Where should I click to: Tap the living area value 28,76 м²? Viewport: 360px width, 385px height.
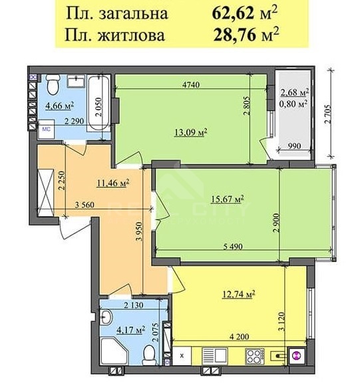coord(246,35)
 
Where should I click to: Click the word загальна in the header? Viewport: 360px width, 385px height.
coord(133,14)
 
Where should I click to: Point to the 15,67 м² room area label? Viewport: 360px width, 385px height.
coord(228,199)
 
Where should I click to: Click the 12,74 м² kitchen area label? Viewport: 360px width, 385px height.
coord(238,294)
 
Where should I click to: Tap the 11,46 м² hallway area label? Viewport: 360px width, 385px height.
coord(114,182)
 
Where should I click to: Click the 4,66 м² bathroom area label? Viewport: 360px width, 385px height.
coord(60,106)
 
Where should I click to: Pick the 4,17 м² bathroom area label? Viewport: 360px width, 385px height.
coord(130,330)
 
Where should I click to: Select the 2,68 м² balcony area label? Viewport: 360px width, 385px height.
coord(295,92)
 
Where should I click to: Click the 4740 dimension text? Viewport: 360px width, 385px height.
coord(191,84)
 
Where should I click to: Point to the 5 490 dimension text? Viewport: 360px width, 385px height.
coord(233,246)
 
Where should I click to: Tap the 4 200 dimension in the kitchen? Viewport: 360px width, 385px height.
coord(239,336)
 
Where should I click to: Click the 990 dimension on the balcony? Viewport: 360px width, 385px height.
coord(294,146)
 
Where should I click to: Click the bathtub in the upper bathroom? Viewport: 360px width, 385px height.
coord(98,103)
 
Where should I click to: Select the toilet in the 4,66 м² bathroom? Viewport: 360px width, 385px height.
coord(53,84)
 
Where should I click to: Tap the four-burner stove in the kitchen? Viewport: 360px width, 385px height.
coord(255,356)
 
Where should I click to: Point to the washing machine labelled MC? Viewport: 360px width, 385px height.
coord(46,129)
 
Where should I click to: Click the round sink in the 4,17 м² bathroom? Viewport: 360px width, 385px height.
coord(106,317)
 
